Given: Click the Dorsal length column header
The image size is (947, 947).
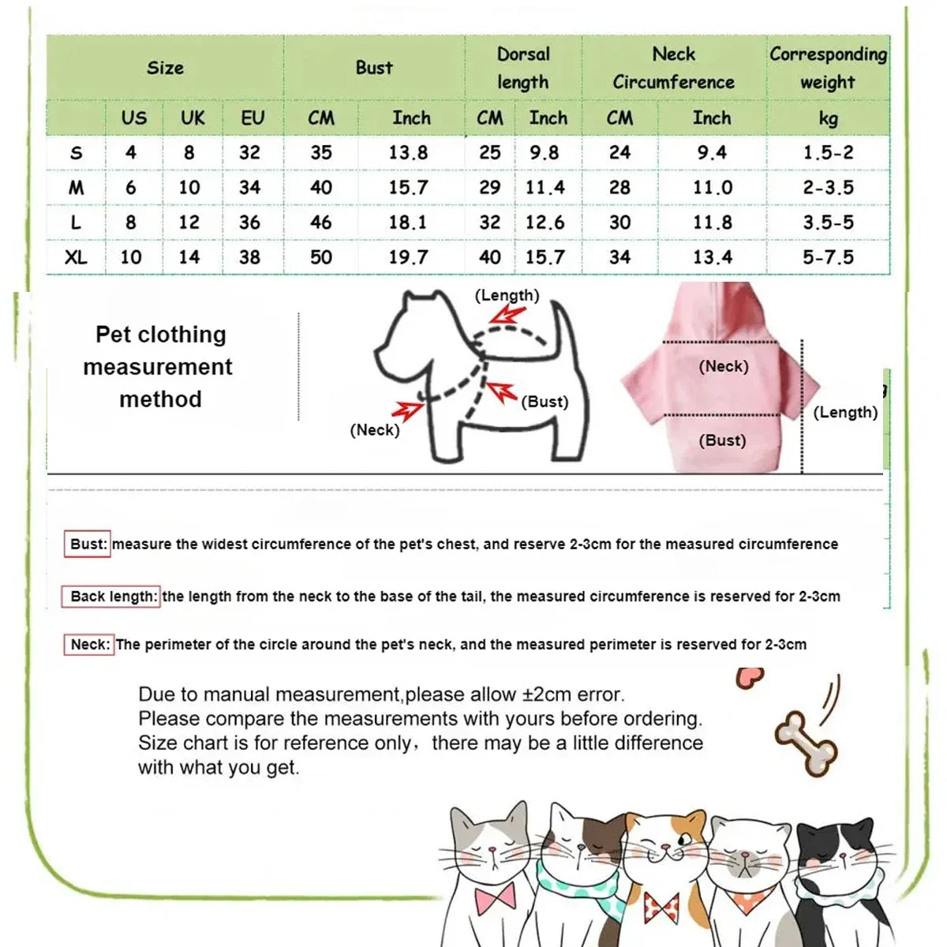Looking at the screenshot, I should click(522, 68).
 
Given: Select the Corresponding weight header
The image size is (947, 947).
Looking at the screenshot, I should click(828, 68).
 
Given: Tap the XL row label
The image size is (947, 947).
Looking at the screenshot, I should click(76, 257).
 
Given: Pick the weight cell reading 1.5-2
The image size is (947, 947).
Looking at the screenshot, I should click(828, 152).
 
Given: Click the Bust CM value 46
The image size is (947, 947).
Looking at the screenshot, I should click(321, 223).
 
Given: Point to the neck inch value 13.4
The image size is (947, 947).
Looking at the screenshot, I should click(712, 257).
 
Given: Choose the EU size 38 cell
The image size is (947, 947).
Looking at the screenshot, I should click(250, 257).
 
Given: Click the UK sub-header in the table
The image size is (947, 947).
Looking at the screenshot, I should click(193, 118).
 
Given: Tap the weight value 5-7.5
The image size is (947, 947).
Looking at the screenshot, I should click(828, 257).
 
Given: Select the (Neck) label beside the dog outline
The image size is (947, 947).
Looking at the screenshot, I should click(375, 430).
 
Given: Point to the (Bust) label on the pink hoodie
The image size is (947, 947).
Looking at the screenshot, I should click(722, 440).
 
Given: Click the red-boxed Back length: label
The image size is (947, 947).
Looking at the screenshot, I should click(111, 597).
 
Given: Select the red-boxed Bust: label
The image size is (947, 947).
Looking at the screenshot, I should click(87, 544).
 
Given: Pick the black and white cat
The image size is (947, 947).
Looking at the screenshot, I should click(837, 876).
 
